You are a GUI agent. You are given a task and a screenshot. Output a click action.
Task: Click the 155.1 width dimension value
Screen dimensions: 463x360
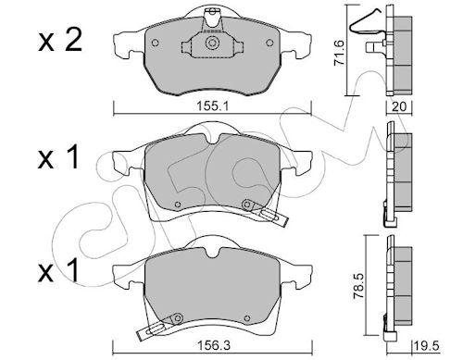tap(212, 106)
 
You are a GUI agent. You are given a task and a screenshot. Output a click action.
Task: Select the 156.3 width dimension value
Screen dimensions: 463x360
tap(214, 345)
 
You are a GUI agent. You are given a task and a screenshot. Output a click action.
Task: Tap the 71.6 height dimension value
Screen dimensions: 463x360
tap(340, 53)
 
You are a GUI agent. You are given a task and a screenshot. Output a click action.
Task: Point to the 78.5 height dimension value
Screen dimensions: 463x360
tap(358, 286)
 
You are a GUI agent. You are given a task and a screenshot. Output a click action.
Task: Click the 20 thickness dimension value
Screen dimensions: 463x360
tap(399, 106)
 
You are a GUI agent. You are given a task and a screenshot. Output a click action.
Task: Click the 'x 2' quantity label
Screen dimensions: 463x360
tap(60, 40)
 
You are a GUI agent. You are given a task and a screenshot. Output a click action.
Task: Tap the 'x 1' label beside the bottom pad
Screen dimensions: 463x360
tap(58, 270)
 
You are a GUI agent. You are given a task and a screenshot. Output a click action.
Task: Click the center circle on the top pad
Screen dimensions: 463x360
tap(212, 43)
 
